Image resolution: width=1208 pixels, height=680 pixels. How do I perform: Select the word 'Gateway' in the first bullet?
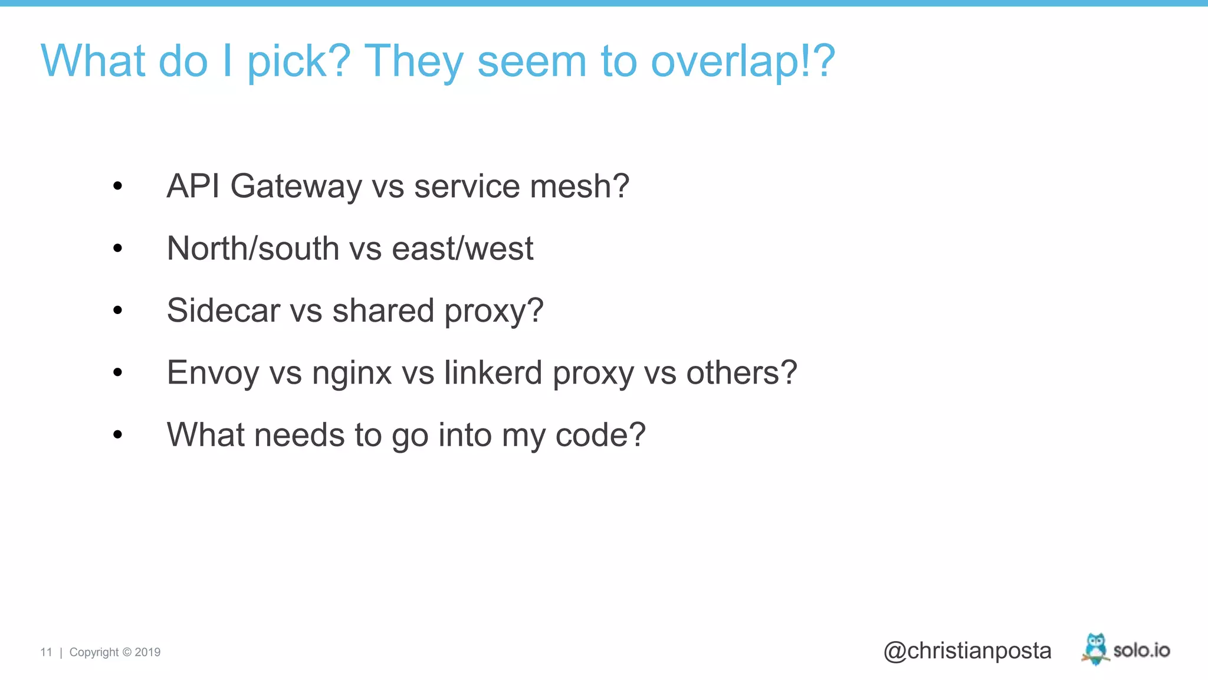(x=296, y=187)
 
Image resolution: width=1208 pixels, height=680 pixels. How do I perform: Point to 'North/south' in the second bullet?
(x=253, y=249)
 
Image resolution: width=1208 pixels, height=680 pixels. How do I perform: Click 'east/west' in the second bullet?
(x=462, y=249)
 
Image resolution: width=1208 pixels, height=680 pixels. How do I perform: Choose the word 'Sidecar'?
(x=224, y=310)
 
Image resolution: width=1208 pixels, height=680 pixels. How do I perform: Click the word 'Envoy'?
(x=213, y=373)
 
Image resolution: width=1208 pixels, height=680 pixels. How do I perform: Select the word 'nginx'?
(x=352, y=373)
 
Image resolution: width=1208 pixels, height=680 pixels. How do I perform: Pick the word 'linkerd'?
(x=493, y=372)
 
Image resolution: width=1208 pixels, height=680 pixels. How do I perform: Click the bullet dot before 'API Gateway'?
(x=118, y=187)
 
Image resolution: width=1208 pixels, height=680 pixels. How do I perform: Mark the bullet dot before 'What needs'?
(x=118, y=435)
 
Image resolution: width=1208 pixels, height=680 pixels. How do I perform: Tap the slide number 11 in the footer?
(x=46, y=652)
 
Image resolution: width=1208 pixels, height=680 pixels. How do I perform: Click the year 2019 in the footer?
(x=147, y=652)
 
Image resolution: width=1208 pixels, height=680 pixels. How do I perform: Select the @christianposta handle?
(x=967, y=650)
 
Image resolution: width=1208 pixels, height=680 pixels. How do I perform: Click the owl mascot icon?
(x=1095, y=649)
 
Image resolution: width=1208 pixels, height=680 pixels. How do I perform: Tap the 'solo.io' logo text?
(x=1141, y=650)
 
